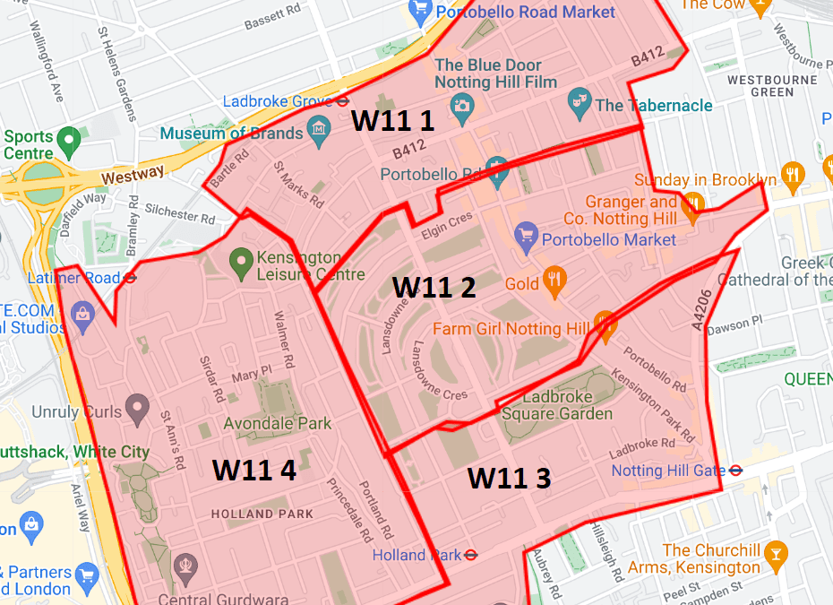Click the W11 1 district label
392,121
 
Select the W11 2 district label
434,287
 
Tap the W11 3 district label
509,478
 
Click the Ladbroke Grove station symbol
342,101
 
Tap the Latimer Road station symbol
131,279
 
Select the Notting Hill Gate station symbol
735,470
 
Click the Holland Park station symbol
472,555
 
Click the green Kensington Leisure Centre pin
240,263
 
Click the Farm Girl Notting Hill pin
605,326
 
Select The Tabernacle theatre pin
580,104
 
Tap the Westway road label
133,176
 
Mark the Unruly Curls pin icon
136,410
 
